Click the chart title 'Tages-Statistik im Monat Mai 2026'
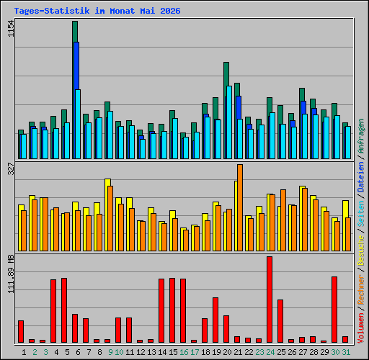point(97,11)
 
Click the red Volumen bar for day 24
point(270,300)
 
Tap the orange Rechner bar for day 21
point(240,208)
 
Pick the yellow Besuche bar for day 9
point(107,215)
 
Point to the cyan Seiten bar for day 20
point(229,122)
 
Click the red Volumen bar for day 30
point(334,310)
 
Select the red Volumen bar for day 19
point(215,320)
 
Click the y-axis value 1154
point(11,29)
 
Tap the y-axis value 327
point(11,168)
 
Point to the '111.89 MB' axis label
point(11,274)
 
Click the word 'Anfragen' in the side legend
point(361,136)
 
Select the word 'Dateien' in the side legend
point(361,177)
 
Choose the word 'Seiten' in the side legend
point(361,214)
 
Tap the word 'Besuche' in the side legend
point(361,250)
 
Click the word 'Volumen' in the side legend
point(361,328)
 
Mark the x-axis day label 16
point(184,352)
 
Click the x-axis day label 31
point(346,352)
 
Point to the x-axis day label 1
point(24,352)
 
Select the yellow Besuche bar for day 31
point(345,225)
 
